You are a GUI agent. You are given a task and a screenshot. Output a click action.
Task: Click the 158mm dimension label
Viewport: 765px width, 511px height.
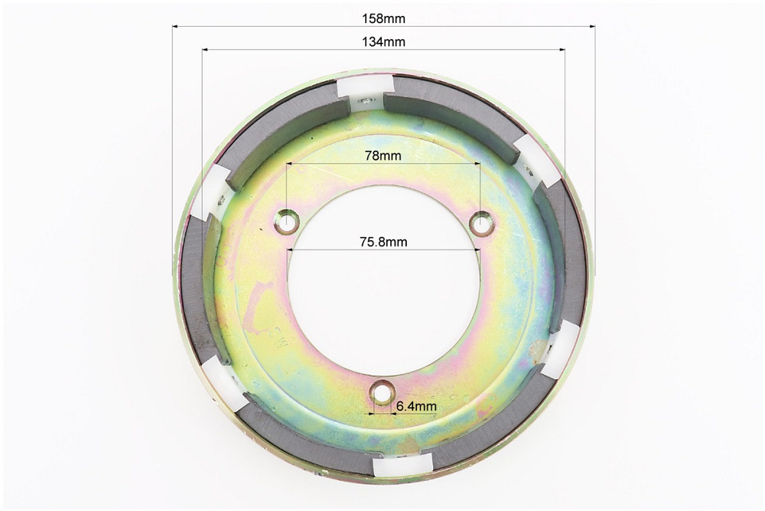383,18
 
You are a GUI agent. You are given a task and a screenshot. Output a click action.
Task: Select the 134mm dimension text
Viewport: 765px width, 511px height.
383,41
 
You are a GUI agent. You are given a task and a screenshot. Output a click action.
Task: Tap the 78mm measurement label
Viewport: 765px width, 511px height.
383,155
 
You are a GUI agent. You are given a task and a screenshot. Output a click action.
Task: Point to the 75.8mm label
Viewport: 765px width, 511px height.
383,241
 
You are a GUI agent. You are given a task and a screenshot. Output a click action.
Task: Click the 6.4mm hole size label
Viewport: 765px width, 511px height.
416,405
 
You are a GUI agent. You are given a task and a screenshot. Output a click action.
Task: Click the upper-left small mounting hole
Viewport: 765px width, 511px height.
286,222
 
